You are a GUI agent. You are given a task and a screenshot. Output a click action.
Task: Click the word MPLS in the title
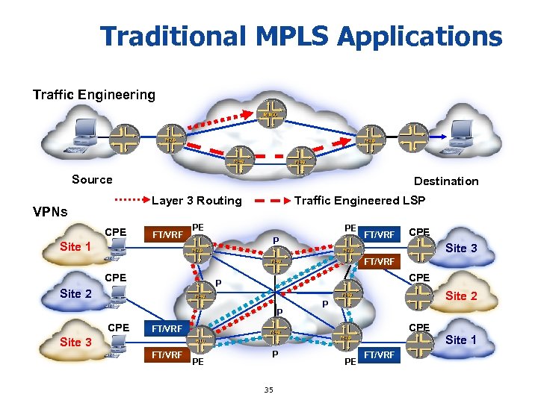282,35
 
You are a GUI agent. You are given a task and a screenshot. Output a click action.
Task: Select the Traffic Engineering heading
93,95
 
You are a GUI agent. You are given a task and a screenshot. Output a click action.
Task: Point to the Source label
92,179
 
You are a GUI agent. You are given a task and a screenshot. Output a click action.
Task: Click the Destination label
446,181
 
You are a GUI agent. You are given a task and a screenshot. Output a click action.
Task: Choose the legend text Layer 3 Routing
197,200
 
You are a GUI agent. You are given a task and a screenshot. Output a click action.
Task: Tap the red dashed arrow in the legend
270,200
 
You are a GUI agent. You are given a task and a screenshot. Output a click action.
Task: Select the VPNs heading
49,211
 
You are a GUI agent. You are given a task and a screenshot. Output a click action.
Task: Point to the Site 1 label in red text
75,246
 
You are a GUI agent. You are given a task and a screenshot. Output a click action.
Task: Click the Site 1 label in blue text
461,340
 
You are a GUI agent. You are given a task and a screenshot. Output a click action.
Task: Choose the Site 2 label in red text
461,296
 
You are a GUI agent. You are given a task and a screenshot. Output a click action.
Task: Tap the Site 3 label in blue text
75,342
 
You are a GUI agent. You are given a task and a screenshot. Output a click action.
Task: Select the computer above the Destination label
460,139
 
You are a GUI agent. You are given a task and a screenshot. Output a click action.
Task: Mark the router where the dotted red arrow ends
270,113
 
